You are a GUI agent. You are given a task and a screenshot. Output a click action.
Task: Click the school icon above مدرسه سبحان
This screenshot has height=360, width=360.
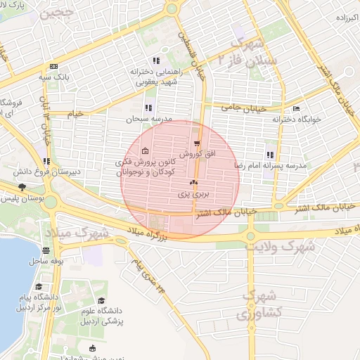[148, 108]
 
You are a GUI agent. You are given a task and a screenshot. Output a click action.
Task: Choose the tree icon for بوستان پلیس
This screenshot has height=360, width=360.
[22, 187]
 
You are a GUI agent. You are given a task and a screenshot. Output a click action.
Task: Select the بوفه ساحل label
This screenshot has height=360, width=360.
[46, 260]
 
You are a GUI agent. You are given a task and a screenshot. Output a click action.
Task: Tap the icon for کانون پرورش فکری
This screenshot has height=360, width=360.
[145, 151]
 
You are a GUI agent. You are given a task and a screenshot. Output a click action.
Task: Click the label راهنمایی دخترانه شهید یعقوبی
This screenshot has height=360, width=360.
[155, 76]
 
